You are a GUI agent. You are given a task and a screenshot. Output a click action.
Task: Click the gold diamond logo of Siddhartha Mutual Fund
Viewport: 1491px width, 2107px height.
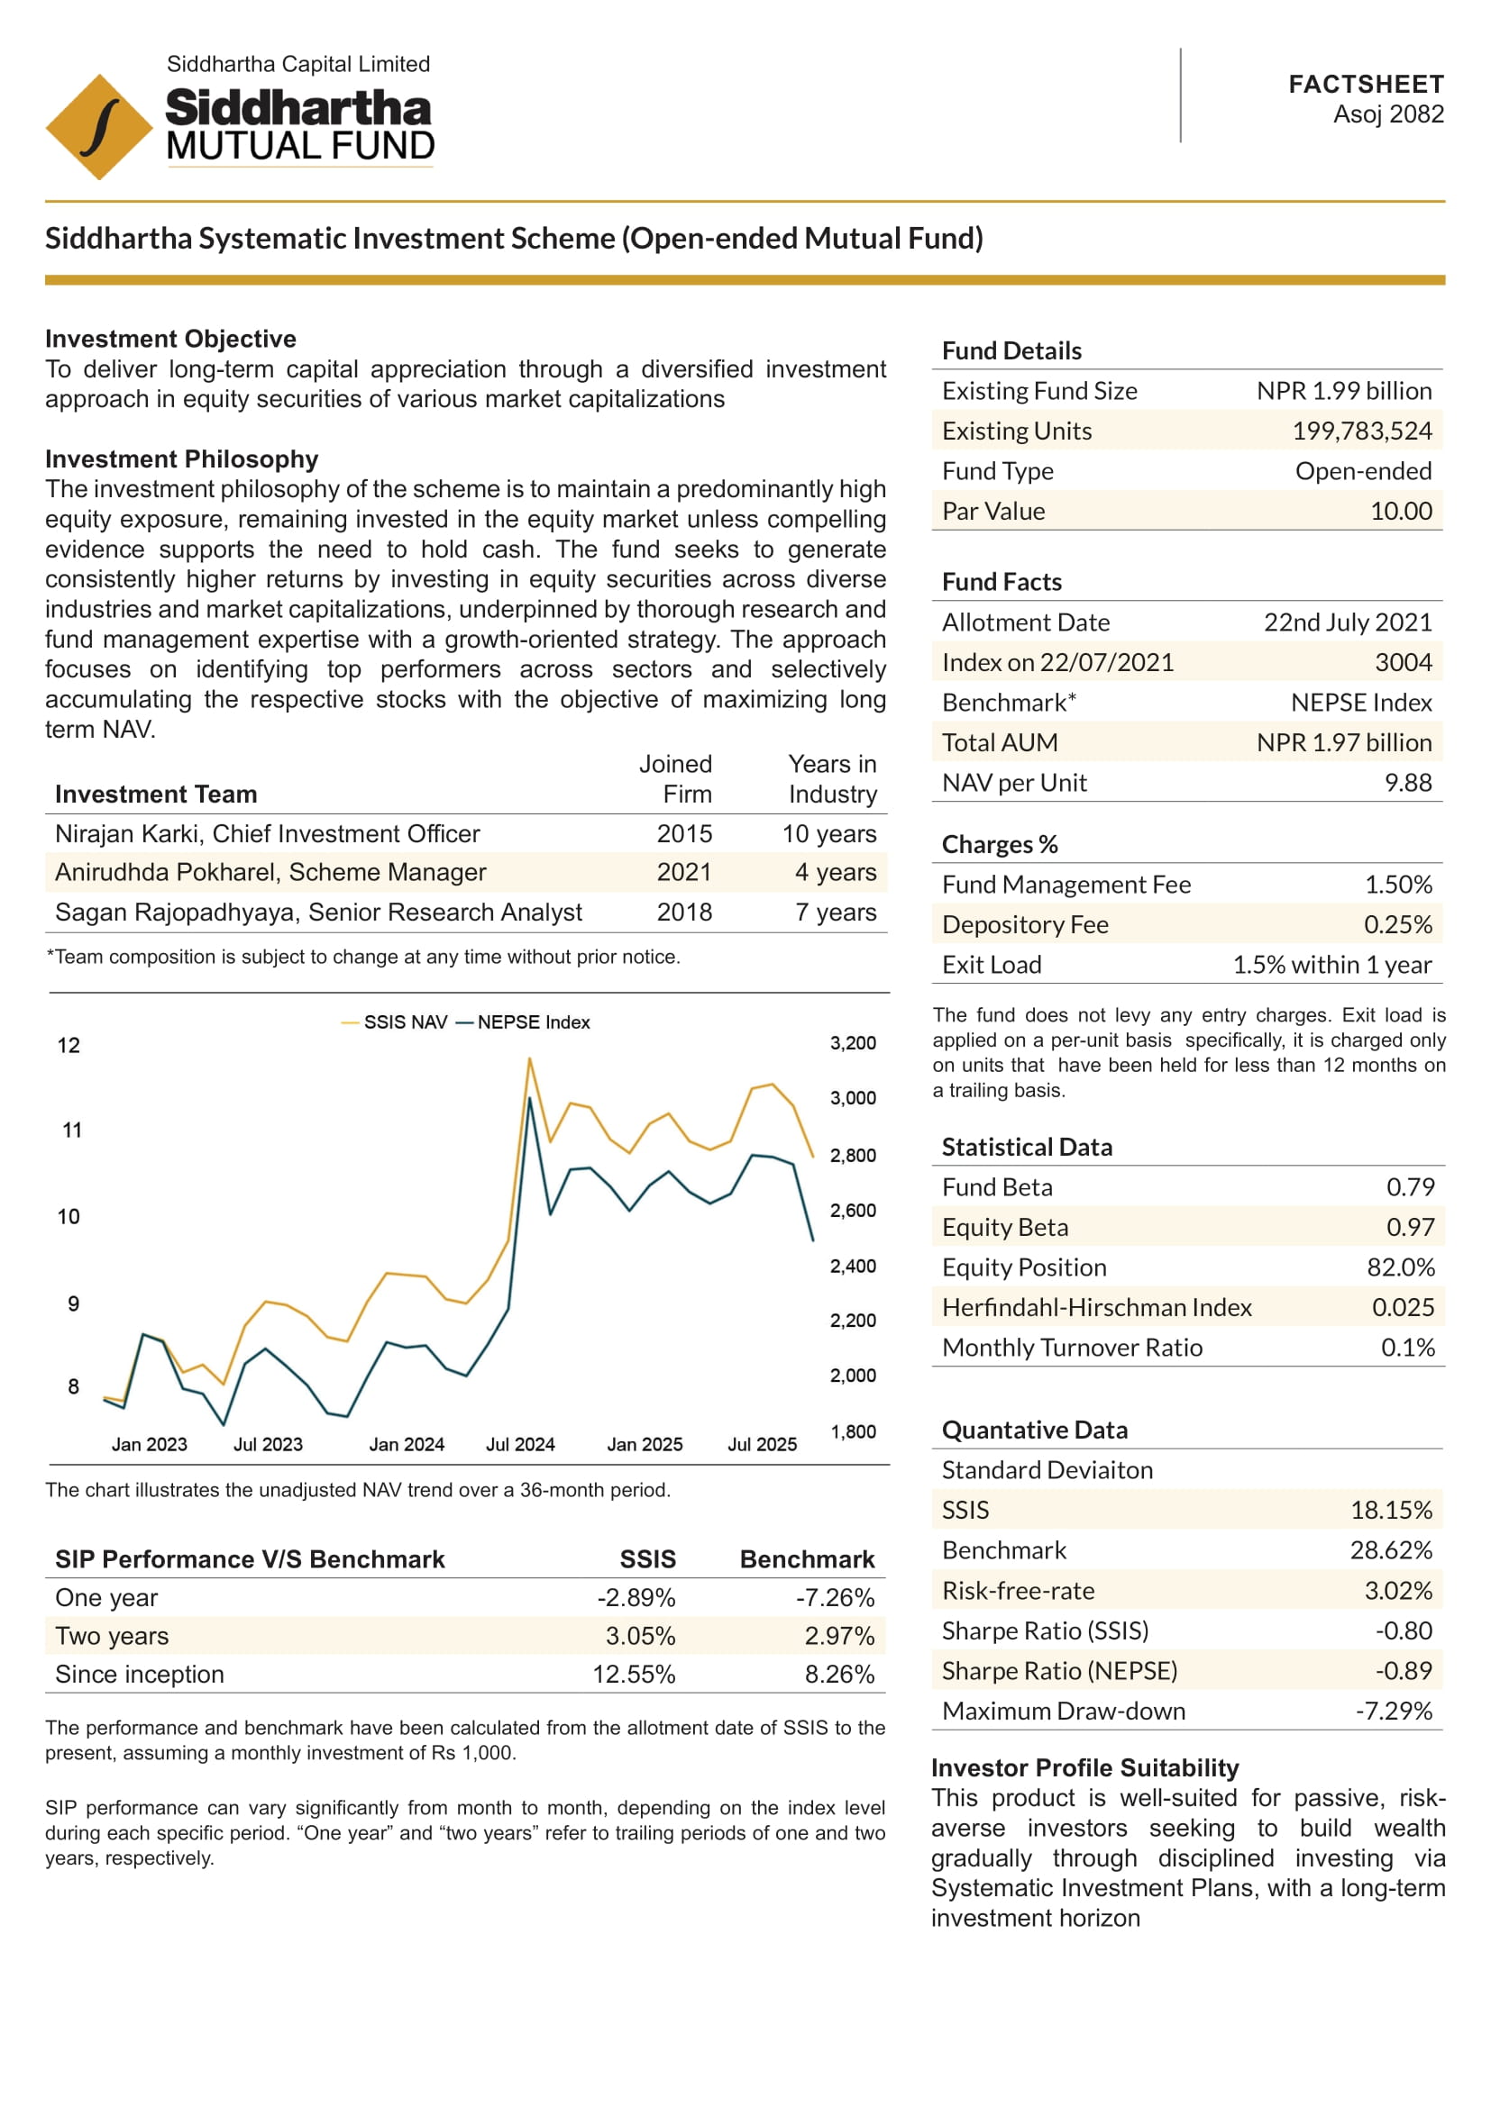pyautogui.click(x=99, y=127)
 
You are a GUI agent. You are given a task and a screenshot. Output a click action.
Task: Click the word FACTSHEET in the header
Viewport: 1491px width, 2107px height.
pyautogui.click(x=1365, y=85)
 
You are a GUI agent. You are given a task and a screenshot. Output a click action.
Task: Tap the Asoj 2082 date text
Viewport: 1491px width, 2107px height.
pyautogui.click(x=1388, y=114)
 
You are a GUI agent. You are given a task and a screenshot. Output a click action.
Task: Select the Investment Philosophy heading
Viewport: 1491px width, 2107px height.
pyautogui.click(x=182, y=459)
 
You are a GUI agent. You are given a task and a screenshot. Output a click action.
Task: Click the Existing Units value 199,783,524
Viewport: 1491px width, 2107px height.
pyautogui.click(x=1361, y=431)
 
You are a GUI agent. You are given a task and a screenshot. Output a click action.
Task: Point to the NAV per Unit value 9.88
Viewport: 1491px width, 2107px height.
pyautogui.click(x=1407, y=783)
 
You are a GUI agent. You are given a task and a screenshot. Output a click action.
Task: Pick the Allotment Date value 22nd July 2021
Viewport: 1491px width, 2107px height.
pyautogui.click(x=1347, y=622)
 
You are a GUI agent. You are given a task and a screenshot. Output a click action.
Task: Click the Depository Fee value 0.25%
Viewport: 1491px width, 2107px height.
pyautogui.click(x=1397, y=924)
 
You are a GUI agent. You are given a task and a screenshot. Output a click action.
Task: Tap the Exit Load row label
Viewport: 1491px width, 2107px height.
pyautogui.click(x=992, y=965)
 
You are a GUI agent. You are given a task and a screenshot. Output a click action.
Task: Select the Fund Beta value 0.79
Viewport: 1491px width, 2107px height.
pyautogui.click(x=1410, y=1186)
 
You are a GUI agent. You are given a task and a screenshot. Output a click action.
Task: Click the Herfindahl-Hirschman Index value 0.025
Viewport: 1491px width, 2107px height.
pyautogui.click(x=1403, y=1307)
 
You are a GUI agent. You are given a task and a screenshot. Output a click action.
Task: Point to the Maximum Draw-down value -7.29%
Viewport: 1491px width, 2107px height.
pyautogui.click(x=1394, y=1711)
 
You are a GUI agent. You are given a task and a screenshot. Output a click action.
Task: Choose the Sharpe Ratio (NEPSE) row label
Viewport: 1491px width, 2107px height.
pyautogui.click(x=1059, y=1670)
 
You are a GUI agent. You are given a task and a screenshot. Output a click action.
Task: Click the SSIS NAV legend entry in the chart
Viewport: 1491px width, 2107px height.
pyautogui.click(x=396, y=1022)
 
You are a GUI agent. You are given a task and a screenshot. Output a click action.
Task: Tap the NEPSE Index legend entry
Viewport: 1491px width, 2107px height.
pyautogui.click(x=525, y=1022)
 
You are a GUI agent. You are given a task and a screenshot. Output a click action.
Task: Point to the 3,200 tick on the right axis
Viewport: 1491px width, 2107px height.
pyautogui.click(x=853, y=1042)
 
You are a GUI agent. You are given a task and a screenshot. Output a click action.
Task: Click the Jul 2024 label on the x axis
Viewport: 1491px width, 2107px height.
pyautogui.click(x=520, y=1444)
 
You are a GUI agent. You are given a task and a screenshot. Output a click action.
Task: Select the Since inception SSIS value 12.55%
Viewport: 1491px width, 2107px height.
pyautogui.click(x=634, y=1674)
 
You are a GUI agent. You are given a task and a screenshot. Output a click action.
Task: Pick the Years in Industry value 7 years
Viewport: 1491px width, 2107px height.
pyautogui.click(x=836, y=913)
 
